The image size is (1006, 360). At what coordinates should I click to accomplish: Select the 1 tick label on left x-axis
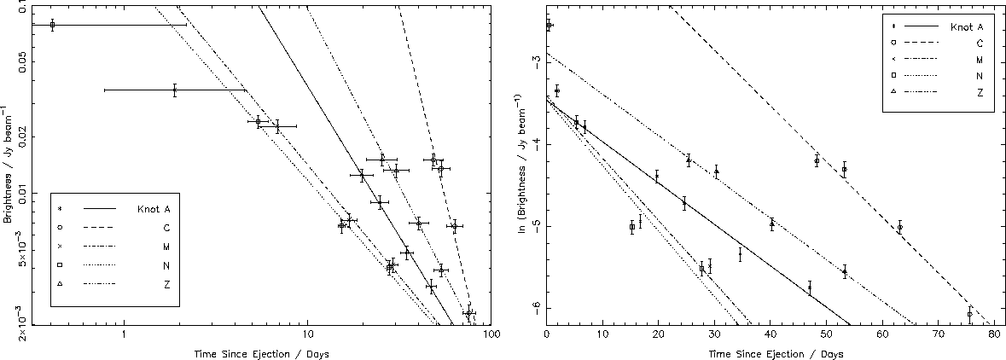tap(124, 335)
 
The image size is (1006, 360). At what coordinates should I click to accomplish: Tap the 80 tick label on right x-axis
tap(993, 335)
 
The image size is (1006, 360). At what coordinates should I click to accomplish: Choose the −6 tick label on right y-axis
tap(534, 307)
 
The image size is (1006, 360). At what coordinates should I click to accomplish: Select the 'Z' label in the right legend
tap(980, 91)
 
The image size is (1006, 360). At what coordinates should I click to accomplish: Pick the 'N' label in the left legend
tap(167, 266)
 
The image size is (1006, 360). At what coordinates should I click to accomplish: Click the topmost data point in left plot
tap(52, 25)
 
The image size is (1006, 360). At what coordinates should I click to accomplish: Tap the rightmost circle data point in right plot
tap(970, 314)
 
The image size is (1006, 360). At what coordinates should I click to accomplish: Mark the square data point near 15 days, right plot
tap(631, 227)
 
